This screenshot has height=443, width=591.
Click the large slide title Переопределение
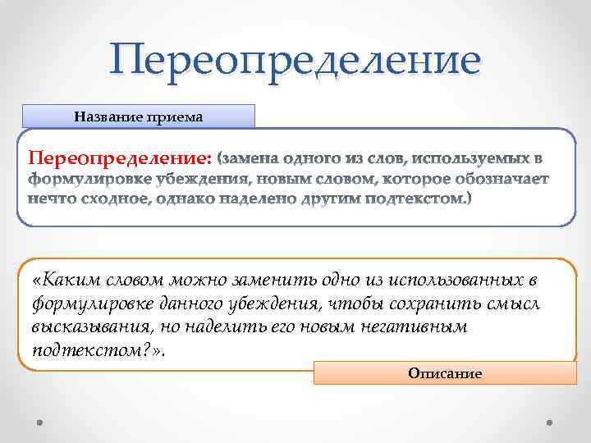[x=295, y=61]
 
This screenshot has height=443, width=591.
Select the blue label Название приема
[x=139, y=116]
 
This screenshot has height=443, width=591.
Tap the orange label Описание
[x=445, y=373]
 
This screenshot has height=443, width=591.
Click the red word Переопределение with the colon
[x=121, y=157]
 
